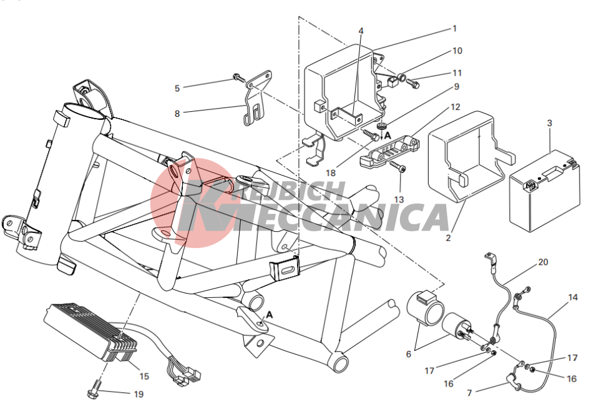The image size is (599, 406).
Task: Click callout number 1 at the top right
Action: pyautogui.click(x=455, y=29)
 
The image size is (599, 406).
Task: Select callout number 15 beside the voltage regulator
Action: pyautogui.click(x=144, y=376)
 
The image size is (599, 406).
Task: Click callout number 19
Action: pyautogui.click(x=139, y=394)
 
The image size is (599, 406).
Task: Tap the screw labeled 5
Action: pyautogui.click(x=239, y=77)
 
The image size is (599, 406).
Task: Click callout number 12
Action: pyautogui.click(x=455, y=107)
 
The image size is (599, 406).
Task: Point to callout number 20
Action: pyautogui.click(x=543, y=262)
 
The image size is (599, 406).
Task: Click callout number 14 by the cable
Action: pyautogui.click(x=573, y=297)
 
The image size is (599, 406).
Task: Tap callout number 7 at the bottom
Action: pyautogui.click(x=469, y=393)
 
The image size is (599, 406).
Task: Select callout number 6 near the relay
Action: pyautogui.click(x=408, y=354)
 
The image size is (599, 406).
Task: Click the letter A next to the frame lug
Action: pyautogui.click(x=270, y=315)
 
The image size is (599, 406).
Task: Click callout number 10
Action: pyautogui.click(x=457, y=51)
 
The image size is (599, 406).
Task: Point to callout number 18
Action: pyautogui.click(x=331, y=173)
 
